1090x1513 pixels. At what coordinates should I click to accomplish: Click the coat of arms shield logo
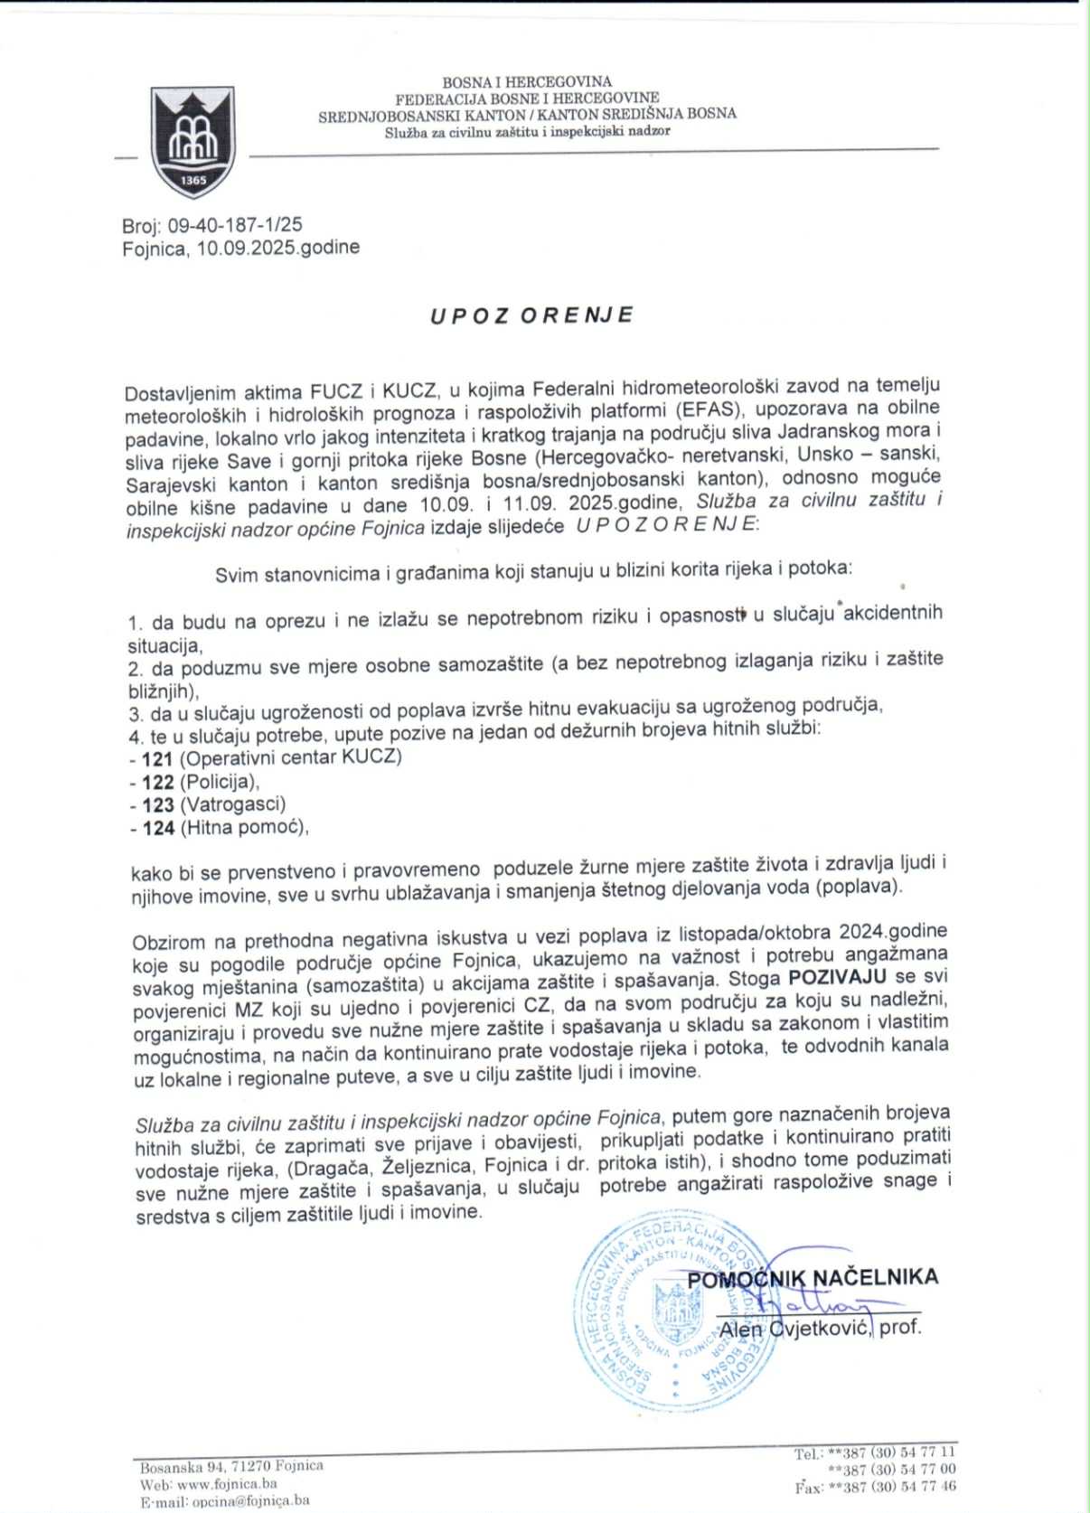[193, 142]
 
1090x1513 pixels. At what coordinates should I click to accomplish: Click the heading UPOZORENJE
[531, 315]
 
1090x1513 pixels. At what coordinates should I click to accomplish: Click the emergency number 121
[156, 758]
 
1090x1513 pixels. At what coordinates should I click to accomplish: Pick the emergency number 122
[157, 782]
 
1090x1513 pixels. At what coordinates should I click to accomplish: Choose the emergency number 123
[157, 804]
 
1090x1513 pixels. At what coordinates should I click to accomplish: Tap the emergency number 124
[158, 827]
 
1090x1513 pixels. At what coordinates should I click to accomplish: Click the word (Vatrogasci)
[233, 804]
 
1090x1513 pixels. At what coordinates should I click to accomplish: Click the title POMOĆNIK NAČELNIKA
[813, 1277]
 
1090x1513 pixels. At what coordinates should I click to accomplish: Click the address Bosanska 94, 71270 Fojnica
[231, 1466]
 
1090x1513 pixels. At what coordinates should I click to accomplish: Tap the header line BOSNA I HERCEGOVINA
[526, 82]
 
